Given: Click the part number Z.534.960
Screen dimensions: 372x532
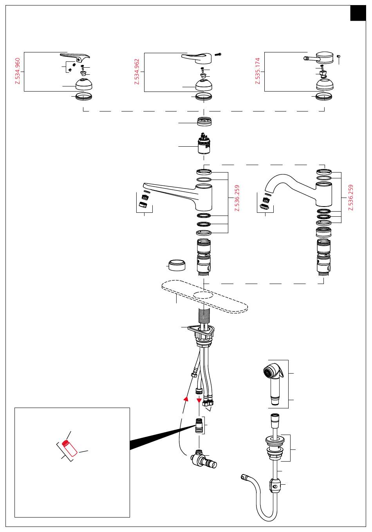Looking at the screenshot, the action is coord(18,71).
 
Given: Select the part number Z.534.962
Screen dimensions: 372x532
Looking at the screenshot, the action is coord(137,72).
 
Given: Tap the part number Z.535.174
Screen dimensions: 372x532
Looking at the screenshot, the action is coord(258,71).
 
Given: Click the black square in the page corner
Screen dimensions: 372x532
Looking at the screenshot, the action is coord(358,13).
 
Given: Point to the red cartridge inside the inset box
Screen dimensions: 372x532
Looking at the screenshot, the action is coord(70,448).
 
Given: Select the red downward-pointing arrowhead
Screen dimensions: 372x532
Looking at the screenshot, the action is coord(199,401).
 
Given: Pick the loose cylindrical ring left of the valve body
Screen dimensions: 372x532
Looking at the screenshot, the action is coord(177,265).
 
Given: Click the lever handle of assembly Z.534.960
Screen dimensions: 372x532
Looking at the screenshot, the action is coord(75,57).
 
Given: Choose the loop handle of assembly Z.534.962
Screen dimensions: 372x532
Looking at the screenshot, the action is coord(196,58).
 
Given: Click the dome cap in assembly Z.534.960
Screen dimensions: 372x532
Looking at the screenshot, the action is coord(84,84).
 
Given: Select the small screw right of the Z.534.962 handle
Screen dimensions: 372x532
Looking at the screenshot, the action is coord(218,54).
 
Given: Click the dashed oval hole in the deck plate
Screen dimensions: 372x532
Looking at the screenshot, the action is coord(203,295).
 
